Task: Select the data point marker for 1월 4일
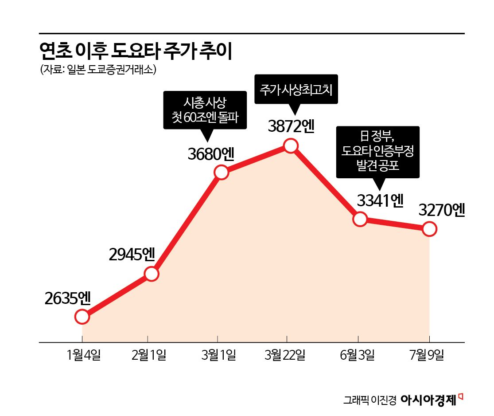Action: tap(82, 317)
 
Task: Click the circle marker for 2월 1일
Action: tap(151, 274)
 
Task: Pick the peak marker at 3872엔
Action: tap(290, 145)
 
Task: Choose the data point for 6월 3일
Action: tap(360, 219)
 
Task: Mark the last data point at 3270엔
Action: tap(429, 229)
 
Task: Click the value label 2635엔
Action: tap(68, 298)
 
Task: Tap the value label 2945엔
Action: tap(131, 254)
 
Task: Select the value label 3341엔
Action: tap(380, 201)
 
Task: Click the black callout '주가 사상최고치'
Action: tap(296, 89)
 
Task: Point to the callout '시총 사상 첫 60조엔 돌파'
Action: tap(205, 110)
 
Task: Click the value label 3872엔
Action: tap(291, 126)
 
